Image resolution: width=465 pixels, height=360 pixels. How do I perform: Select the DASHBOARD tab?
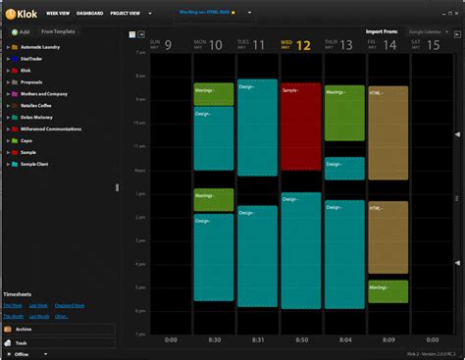[x=90, y=13]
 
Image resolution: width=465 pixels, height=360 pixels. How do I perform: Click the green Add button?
[x=20, y=32]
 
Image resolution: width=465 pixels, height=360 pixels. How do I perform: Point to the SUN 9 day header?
[x=161, y=44]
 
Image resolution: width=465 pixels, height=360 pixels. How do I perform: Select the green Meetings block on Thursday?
[x=344, y=113]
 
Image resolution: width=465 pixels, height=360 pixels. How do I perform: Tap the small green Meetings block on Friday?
[x=387, y=291]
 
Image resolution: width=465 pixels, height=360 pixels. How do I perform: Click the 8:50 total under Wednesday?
[x=301, y=340]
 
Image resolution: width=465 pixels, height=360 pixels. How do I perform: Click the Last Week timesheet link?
[x=38, y=305]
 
